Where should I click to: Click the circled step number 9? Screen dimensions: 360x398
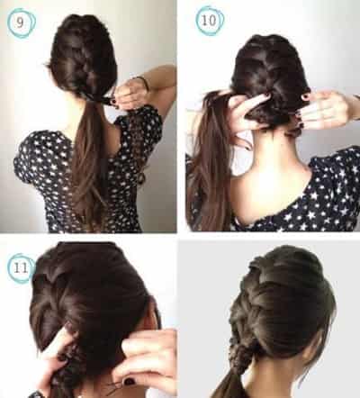[x=20, y=23]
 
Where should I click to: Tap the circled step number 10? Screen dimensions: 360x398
[x=209, y=21]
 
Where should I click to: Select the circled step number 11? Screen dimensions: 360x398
[x=21, y=267]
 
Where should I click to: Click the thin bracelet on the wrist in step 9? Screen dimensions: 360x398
[x=144, y=83]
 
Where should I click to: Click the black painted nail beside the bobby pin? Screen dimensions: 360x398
[x=130, y=382]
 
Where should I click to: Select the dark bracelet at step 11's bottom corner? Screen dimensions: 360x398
[x=39, y=393]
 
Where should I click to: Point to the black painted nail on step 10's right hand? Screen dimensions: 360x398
[x=305, y=97]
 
